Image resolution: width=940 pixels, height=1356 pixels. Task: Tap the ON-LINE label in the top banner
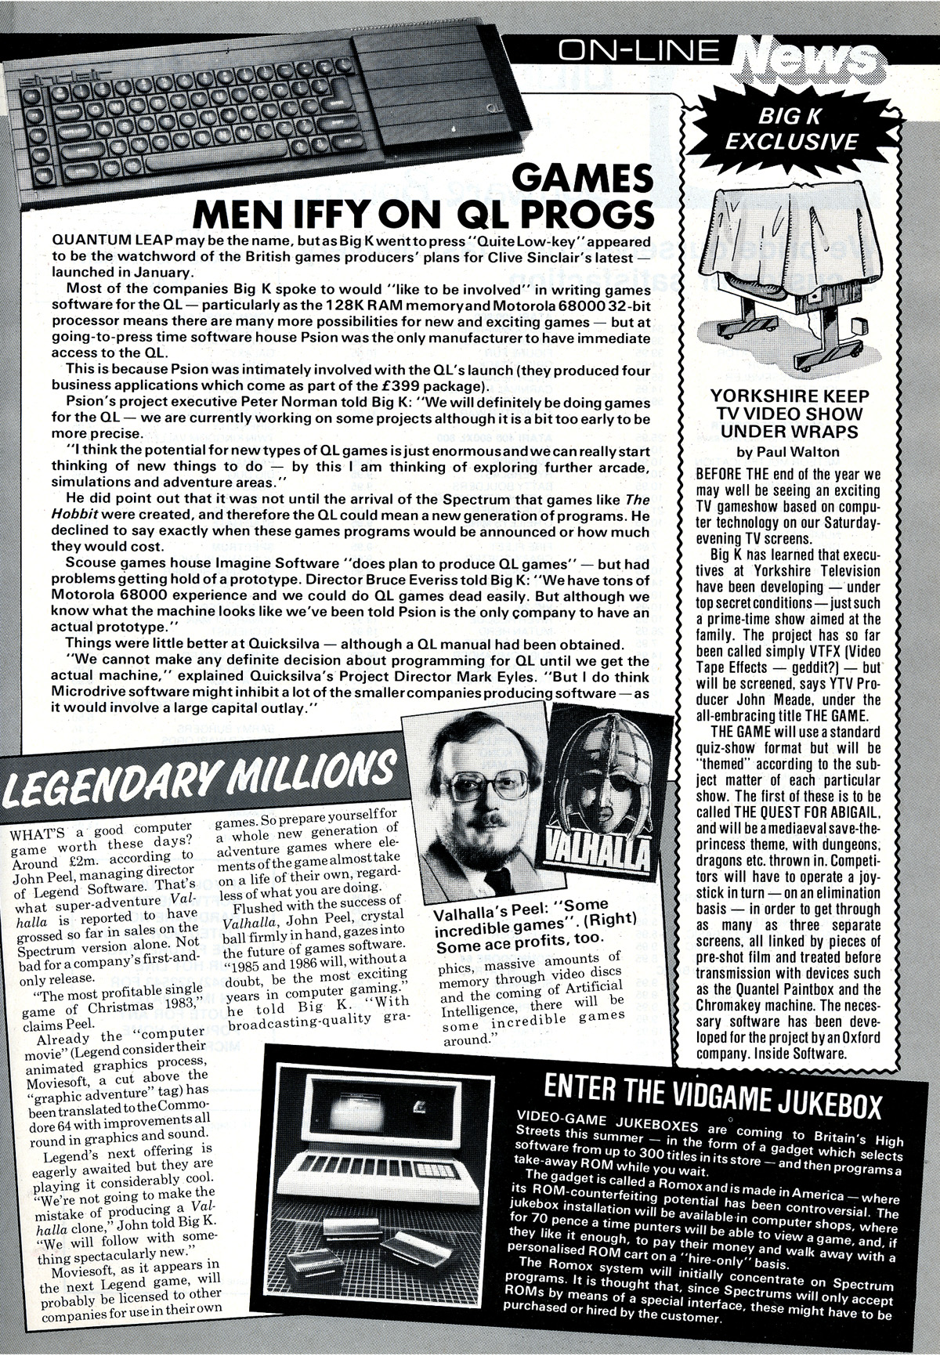point(641,51)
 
